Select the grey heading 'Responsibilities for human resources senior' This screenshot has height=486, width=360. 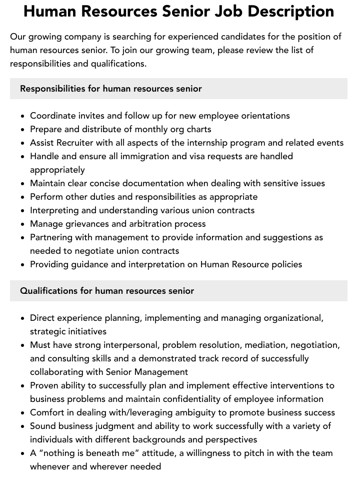[111, 89]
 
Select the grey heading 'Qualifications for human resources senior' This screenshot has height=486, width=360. [107, 291]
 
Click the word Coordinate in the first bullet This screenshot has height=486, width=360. [52, 116]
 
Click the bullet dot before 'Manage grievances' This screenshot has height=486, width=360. [23, 224]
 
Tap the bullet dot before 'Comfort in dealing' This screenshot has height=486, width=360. [23, 413]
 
